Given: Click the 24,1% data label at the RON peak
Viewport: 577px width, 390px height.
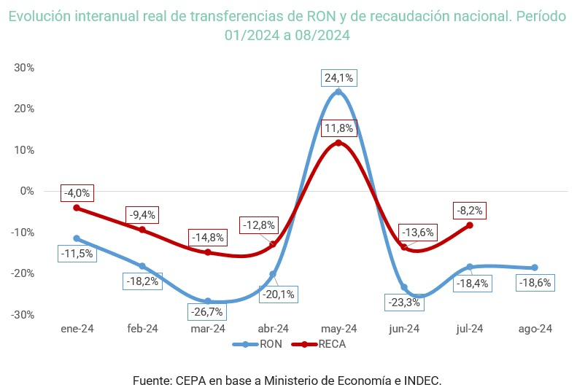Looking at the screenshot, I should click(338, 78).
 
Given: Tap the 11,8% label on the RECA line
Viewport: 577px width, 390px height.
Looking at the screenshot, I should click(338, 128).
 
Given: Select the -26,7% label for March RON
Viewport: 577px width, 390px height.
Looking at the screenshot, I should click(207, 311).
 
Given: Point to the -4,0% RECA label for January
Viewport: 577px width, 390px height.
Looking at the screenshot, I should click(77, 193).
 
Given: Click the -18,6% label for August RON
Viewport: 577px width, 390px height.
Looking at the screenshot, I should click(534, 283).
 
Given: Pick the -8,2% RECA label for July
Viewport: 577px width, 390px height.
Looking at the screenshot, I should click(468, 211).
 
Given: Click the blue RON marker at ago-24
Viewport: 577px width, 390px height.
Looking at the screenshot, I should click(535, 268).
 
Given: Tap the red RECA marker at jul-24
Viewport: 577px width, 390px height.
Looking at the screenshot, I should click(470, 225).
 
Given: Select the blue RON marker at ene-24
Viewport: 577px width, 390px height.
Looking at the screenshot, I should click(77, 238).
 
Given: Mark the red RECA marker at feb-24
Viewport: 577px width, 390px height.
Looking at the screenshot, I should click(142, 230).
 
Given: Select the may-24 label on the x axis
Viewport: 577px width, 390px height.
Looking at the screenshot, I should click(338, 329).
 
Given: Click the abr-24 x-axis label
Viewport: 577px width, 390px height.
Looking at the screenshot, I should click(273, 329).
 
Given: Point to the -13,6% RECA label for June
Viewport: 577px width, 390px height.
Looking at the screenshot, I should click(419, 233).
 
